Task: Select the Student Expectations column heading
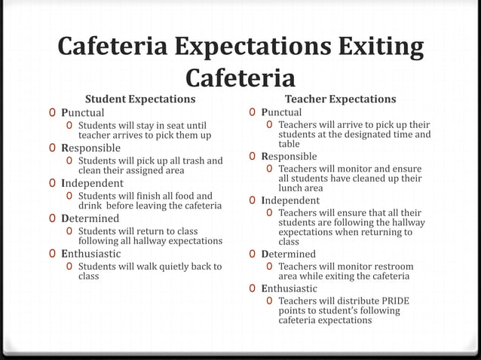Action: click(139, 99)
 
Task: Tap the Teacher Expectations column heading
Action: click(340, 99)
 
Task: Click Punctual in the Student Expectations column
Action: click(83, 112)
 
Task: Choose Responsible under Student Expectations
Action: click(90, 148)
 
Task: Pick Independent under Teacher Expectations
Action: click(290, 200)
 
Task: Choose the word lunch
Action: click(291, 188)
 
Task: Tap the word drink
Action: click(91, 206)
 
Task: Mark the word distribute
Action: click(346, 301)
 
